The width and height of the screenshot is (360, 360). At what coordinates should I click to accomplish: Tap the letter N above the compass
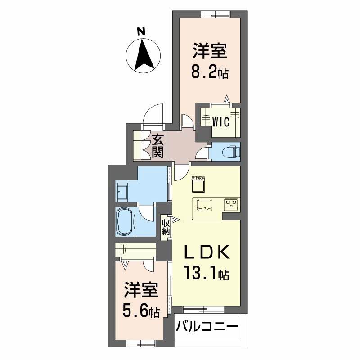pyautogui.click(x=141, y=31)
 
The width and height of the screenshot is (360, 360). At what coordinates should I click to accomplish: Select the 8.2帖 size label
pyautogui.click(x=210, y=72)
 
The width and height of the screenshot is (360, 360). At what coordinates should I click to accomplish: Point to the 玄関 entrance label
pyautogui.click(x=157, y=146)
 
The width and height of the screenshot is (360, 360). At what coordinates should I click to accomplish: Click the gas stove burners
pyautogui.click(x=231, y=204)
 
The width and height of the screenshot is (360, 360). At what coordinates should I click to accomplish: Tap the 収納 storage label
pyautogui.click(x=166, y=226)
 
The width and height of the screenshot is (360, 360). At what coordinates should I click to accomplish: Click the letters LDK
pyautogui.click(x=208, y=252)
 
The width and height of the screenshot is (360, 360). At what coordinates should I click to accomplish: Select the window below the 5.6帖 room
pyautogui.click(x=138, y=343)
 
